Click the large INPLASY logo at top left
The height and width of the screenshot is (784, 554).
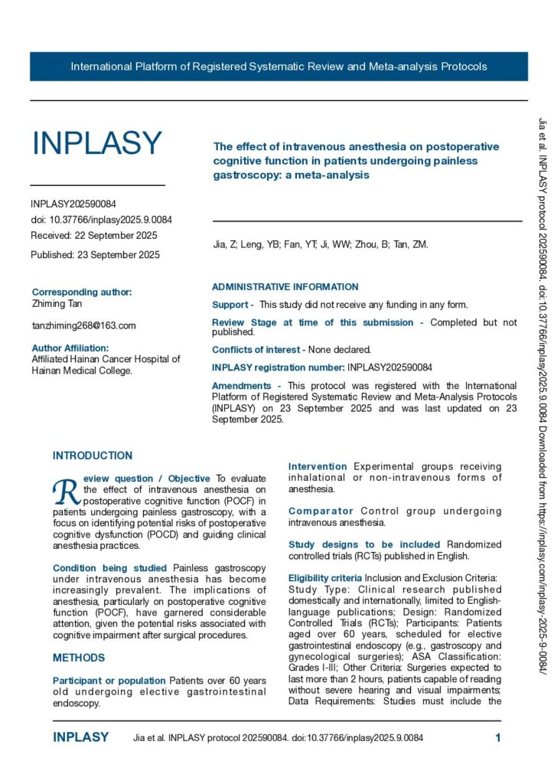[96, 143]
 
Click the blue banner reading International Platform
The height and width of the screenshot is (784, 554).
[279, 67]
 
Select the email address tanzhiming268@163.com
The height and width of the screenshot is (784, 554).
[83, 325]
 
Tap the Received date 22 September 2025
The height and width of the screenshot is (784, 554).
[94, 235]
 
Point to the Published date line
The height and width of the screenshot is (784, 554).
[95, 255]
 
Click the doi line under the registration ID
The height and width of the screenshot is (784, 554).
[101, 220]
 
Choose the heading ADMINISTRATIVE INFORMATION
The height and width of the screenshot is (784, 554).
[285, 287]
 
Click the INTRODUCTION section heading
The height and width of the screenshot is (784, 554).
[93, 456]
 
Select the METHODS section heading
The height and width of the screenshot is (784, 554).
[79, 658]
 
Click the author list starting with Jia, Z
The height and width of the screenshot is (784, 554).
[320, 245]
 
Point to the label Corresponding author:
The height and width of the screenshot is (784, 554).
[82, 292]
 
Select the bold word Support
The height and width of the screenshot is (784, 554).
[230, 305]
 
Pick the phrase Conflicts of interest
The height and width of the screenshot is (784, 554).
[258, 349]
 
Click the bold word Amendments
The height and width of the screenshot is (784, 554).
[241, 386]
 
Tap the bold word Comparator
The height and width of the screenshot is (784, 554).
[321, 511]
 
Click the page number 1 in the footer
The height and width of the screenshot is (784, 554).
[498, 738]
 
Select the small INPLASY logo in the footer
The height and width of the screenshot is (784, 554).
[80, 737]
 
